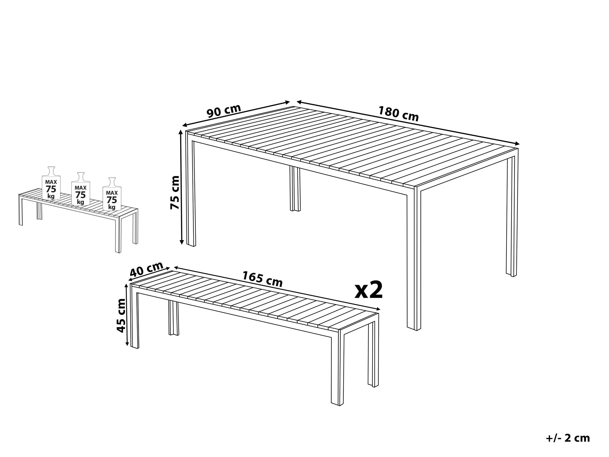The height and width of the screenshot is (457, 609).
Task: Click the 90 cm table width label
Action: (x=224, y=111)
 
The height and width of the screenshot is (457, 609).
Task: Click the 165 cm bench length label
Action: (x=262, y=279)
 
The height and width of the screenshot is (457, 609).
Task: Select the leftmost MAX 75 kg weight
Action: (x=51, y=184)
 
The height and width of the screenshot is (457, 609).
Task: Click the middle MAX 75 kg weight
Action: (x=80, y=190)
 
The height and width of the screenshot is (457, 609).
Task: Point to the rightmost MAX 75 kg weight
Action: (x=112, y=195)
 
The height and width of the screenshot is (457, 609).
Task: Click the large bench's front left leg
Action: (x=135, y=316)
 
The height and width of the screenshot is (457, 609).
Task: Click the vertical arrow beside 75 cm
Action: (x=181, y=187)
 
